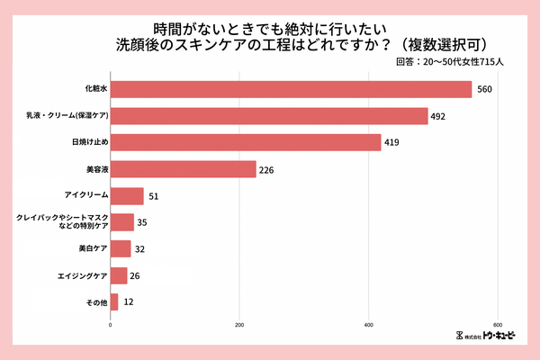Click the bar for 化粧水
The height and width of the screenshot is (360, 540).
tap(291, 89)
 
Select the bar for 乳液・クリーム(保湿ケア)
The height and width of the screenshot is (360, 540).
tap(269, 116)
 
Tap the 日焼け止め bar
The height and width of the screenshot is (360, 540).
tap(246, 142)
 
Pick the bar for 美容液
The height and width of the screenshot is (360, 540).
tap(183, 169)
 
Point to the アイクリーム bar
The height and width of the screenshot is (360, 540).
tap(127, 195)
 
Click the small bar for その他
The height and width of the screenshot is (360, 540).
tap(114, 301)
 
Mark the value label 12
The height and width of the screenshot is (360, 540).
tap(129, 302)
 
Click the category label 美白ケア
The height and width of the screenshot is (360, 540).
tap(86, 248)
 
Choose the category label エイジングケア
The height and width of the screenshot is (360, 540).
tap(76, 275)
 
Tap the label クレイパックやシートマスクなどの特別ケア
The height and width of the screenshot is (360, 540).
tap(62, 222)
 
